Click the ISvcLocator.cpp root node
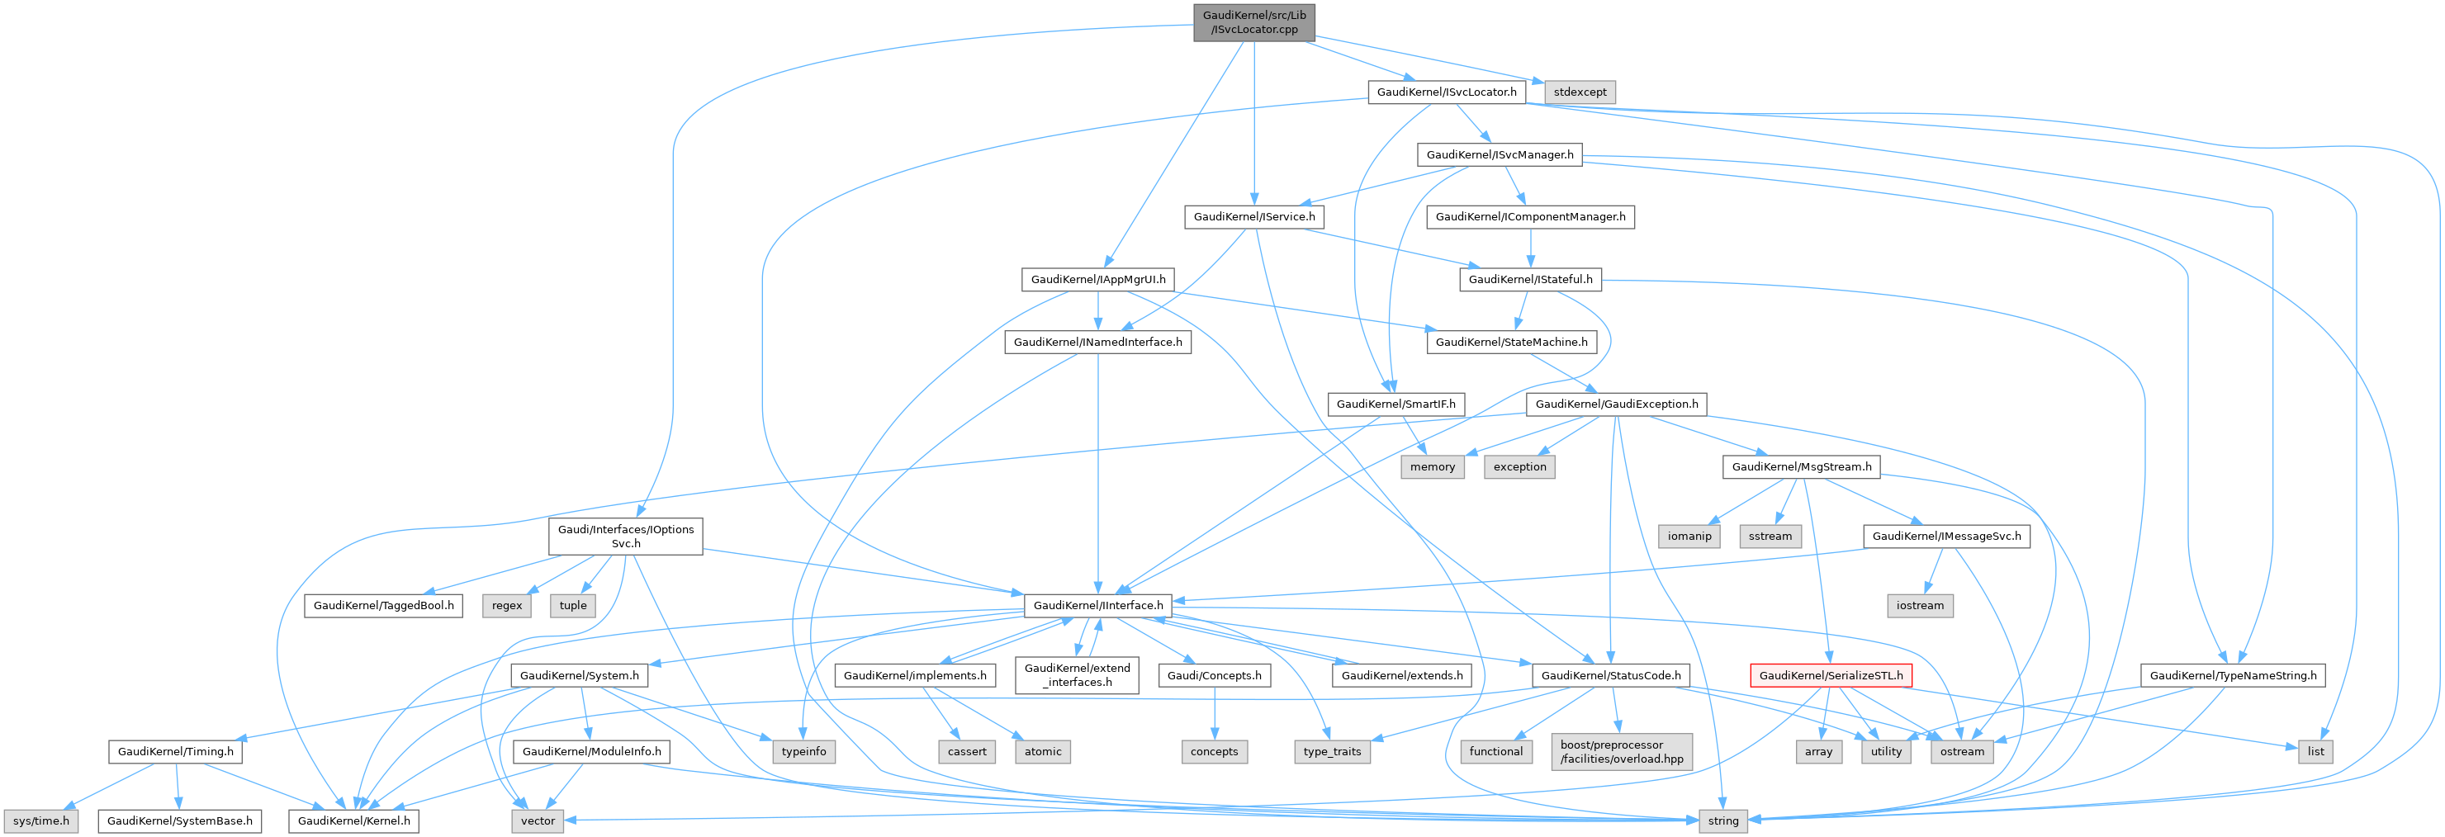pyautogui.click(x=1253, y=21)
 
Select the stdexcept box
pyautogui.click(x=1580, y=92)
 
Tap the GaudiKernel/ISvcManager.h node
pyautogui.click(x=1500, y=154)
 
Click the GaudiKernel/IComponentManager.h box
pyautogui.click(x=1530, y=217)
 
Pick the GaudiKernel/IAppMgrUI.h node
pyautogui.click(x=1098, y=280)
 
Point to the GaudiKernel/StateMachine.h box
pyautogui.click(x=1511, y=343)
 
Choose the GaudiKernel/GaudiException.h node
pyautogui.click(x=1617, y=404)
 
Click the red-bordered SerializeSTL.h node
pyautogui.click(x=1831, y=676)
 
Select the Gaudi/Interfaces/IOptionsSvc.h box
pyautogui.click(x=625, y=537)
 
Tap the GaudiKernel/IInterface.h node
pyautogui.click(x=1098, y=605)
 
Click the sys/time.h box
pyautogui.click(x=40, y=820)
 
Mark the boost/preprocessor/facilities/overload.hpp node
pyautogui.click(x=1621, y=752)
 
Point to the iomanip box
pyautogui.click(x=1689, y=537)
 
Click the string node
pyautogui.click(x=1722, y=820)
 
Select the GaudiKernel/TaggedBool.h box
pyautogui.click(x=383, y=605)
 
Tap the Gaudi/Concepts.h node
pyautogui.click(x=1214, y=676)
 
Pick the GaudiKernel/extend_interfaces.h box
pyautogui.click(x=1078, y=676)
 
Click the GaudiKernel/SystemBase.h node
pyautogui.click(x=179, y=820)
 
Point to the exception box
pyautogui.click(x=1519, y=467)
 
